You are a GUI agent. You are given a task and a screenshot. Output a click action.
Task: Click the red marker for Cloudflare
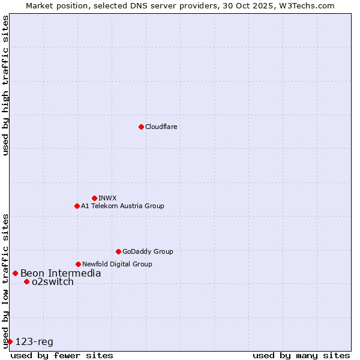point(141,127)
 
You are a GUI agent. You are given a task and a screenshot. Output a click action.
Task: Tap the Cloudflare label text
point(161,127)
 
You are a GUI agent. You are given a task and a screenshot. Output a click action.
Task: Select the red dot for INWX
point(94,198)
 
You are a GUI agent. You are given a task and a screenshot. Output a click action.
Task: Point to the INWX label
point(107,198)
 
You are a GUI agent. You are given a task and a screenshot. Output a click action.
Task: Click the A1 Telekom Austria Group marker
point(77,206)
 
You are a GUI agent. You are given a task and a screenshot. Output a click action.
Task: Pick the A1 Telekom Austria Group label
point(122,206)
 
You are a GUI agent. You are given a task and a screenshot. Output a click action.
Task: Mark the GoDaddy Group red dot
point(118,251)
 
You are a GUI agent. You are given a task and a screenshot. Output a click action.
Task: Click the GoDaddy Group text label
point(148,251)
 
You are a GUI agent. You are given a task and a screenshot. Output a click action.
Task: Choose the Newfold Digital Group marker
point(78,264)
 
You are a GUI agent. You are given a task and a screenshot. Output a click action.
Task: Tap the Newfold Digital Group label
point(117,264)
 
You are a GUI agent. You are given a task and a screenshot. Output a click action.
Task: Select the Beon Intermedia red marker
point(15,273)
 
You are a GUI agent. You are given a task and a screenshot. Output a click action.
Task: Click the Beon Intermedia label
point(61,274)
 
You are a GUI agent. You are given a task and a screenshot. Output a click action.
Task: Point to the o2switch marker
point(26,281)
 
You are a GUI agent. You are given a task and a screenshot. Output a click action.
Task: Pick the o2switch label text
point(53,282)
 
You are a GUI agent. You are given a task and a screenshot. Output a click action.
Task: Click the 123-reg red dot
point(10,341)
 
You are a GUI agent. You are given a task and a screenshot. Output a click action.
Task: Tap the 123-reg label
point(34,342)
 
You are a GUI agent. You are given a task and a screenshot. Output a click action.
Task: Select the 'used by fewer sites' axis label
point(62,355)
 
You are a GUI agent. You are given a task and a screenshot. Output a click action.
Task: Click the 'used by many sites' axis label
point(301,355)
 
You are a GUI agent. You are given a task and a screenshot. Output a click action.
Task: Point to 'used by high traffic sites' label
point(5,85)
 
